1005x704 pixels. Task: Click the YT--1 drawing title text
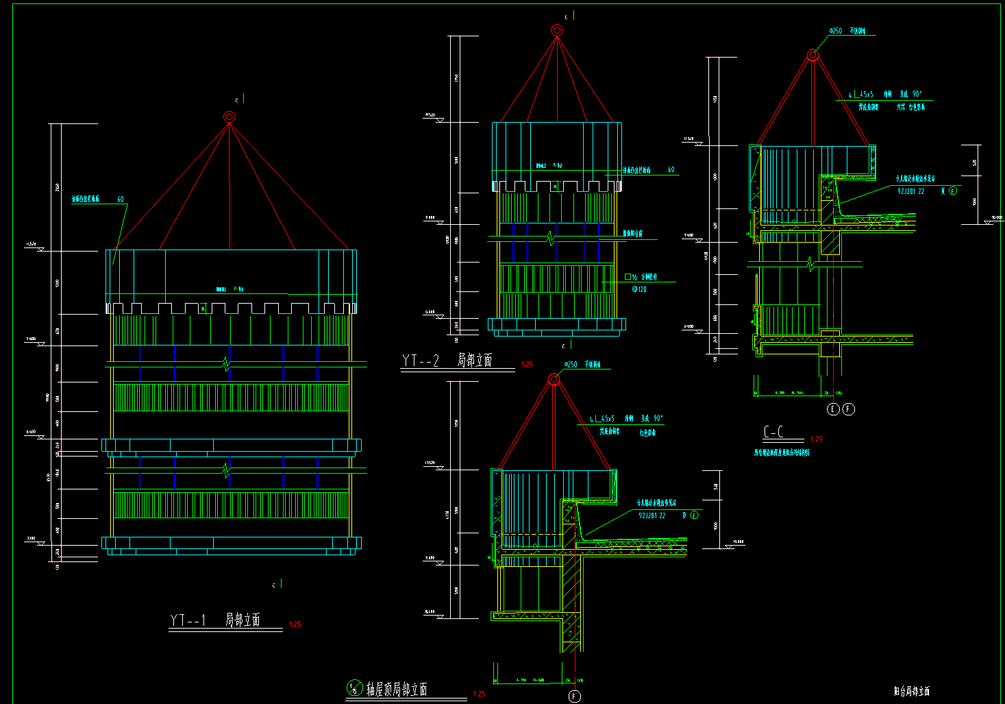[215, 620]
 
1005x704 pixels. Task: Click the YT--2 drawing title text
[447, 361]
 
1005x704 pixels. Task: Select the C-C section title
[773, 432]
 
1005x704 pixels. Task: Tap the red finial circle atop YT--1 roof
[229, 117]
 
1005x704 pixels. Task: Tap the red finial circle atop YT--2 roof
[557, 30]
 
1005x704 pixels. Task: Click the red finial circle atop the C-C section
[812, 55]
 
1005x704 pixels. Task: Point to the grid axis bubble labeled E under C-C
[833, 409]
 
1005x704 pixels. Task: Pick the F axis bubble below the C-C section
[849, 409]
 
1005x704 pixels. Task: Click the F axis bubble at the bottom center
[574, 696]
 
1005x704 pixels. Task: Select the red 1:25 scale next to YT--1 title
[295, 624]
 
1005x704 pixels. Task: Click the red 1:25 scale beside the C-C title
[816, 439]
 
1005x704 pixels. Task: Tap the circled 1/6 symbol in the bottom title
[354, 688]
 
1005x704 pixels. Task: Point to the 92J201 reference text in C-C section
[911, 191]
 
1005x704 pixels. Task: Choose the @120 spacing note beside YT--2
[638, 289]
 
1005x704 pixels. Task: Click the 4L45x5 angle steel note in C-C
[860, 95]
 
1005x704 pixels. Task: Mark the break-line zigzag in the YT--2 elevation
[550, 239]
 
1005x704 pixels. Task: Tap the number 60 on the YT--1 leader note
[121, 199]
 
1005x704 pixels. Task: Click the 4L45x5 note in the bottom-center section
[601, 419]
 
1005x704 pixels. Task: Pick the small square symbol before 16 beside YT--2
[628, 277]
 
